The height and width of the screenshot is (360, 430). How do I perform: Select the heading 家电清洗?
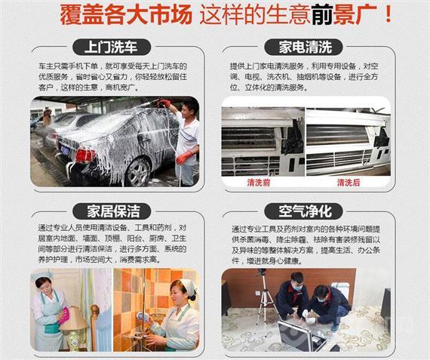(305, 46)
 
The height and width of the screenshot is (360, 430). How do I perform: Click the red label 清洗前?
(259, 183)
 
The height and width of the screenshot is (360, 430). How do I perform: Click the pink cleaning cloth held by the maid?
(63, 315)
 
